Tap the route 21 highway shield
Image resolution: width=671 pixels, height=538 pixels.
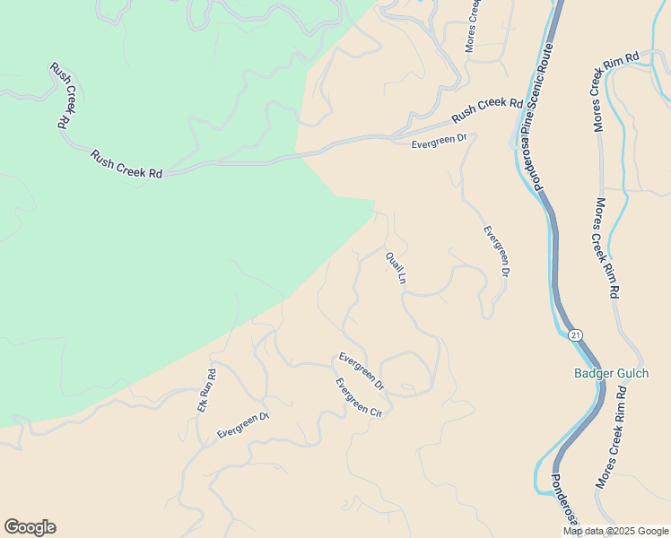coord(576,334)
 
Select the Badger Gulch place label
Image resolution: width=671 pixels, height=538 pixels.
coord(611,373)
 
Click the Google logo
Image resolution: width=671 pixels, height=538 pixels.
coord(30,527)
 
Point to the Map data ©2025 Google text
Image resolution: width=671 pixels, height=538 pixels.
coord(615,531)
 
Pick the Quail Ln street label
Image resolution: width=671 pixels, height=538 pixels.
coord(396,268)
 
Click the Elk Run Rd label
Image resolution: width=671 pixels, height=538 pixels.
coord(207,391)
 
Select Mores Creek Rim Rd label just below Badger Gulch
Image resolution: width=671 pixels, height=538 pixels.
coord(610,435)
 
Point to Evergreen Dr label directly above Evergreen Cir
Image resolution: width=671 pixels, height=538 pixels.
coord(362,370)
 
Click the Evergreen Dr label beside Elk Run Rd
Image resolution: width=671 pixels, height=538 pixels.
coord(243,425)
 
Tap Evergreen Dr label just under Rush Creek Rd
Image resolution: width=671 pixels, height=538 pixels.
coord(440,140)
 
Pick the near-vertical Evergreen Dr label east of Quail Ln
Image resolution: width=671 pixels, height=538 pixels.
coord(497,250)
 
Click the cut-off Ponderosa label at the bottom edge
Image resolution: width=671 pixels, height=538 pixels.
coord(567,502)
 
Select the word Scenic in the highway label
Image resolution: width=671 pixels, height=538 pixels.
coord(538,105)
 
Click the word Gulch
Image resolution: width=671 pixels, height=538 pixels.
coord(631,373)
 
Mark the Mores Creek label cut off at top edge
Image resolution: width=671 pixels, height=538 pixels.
coord(474,25)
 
